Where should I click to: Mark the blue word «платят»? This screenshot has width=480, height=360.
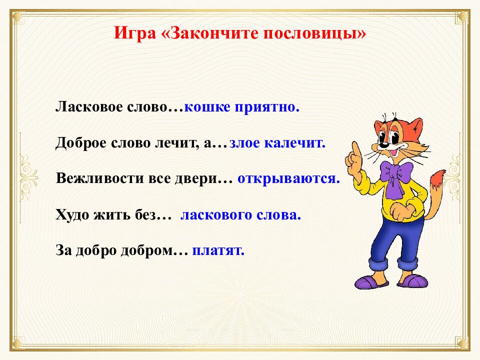click(x=218, y=250)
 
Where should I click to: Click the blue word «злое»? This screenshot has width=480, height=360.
click(x=245, y=143)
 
